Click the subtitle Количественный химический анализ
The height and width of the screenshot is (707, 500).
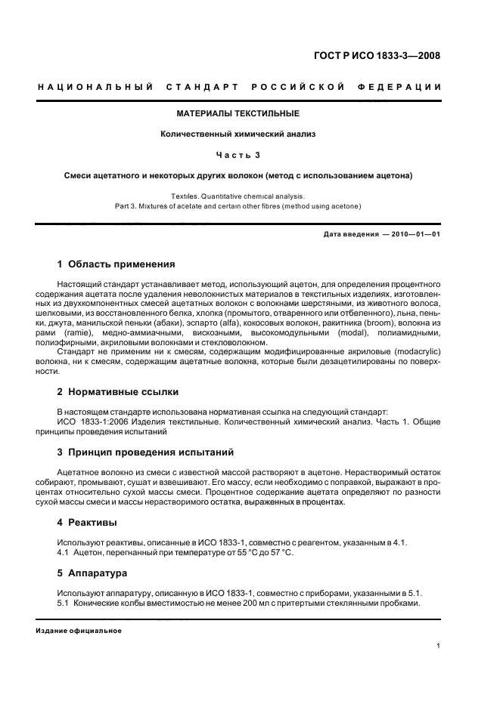tap(238, 134)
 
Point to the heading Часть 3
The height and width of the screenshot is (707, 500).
tap(238, 155)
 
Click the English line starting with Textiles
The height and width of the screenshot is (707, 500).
tap(238, 196)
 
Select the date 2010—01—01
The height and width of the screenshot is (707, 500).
tap(415, 234)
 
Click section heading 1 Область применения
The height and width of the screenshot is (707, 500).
tap(116, 264)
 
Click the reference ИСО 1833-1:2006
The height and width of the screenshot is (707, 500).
tap(91, 422)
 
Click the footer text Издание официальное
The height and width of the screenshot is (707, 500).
tap(79, 631)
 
